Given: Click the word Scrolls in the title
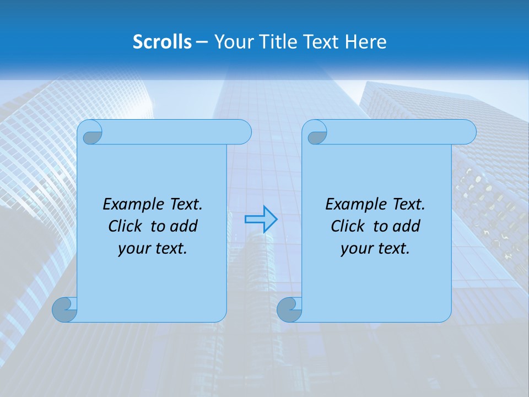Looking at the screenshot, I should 163,42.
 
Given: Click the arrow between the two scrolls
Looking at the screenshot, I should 261,219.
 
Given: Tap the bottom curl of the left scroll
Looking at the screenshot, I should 65,309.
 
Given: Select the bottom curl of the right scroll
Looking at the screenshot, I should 289,309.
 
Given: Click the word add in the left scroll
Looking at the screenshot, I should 183,226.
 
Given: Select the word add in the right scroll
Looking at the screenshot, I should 406,226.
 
